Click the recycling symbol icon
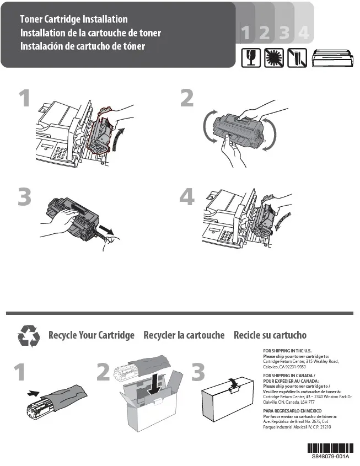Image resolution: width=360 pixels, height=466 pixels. point(29,336)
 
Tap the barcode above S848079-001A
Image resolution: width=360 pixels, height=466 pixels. point(330,448)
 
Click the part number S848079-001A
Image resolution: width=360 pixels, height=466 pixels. point(330,457)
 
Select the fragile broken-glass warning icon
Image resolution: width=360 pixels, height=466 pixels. point(251,58)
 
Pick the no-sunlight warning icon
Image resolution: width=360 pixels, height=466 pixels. point(274,58)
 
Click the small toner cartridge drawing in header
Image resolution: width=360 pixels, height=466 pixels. point(332,58)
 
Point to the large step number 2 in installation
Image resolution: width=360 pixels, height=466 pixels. point(187,98)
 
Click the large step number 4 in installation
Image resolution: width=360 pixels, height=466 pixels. point(187,196)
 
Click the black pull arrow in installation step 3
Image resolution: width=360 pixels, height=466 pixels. point(106,229)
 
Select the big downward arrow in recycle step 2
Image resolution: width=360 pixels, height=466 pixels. point(155,384)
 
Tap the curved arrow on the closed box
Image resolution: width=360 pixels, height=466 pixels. point(233,383)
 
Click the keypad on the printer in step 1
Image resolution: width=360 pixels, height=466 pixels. point(60,153)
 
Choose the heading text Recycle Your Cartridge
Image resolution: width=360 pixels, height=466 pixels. point(91,335)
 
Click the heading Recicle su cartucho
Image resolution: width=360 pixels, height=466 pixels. point(270,335)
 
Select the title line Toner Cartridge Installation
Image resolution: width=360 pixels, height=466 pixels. point(74,19)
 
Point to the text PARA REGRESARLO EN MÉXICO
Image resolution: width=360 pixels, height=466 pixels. point(292,411)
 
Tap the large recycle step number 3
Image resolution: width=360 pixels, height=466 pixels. point(198,372)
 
